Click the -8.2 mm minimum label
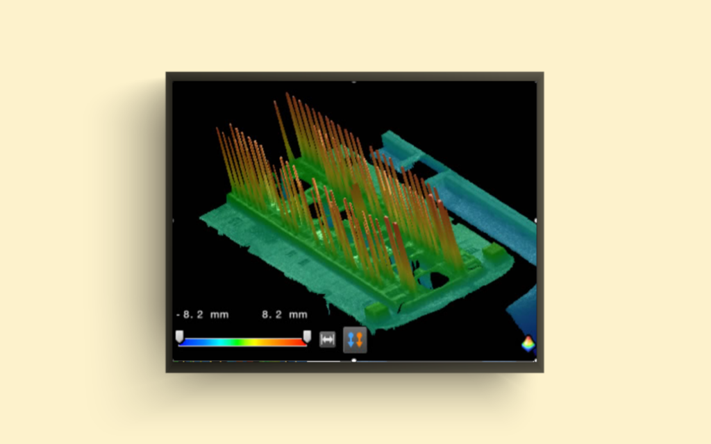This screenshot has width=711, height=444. [x=202, y=314]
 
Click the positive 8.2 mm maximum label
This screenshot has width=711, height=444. [x=284, y=314]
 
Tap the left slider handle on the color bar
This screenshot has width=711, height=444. [x=179, y=336]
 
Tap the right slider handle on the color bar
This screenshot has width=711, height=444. [x=307, y=336]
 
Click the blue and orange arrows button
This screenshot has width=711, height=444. [x=355, y=340]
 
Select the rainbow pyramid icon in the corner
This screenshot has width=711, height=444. [x=528, y=344]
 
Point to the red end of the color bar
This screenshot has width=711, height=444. [x=299, y=342]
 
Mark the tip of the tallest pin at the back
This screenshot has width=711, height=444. [x=287, y=94]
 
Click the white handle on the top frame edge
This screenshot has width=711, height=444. [x=354, y=82]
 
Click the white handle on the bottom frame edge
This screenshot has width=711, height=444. [x=354, y=360]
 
